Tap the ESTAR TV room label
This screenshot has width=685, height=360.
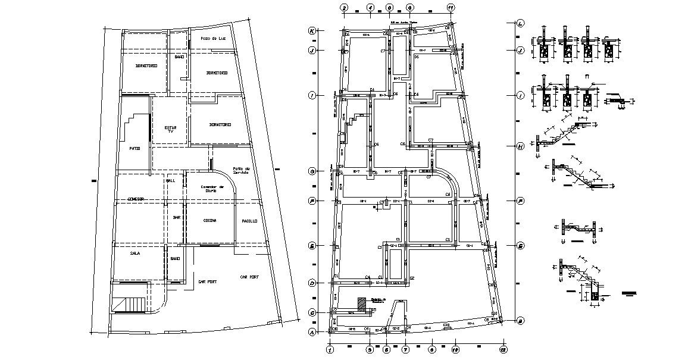click(x=170, y=129)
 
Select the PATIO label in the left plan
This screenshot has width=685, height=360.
click(x=135, y=148)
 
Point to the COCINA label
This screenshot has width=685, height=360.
click(x=209, y=221)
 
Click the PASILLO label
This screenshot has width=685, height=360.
click(x=249, y=221)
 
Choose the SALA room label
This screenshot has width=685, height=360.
click(x=135, y=253)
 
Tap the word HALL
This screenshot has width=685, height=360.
click(x=170, y=180)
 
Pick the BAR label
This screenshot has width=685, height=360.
click(x=176, y=218)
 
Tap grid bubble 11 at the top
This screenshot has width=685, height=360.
click(x=451, y=8)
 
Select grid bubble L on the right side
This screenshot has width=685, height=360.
click(x=520, y=24)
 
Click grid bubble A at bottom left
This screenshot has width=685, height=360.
click(x=311, y=333)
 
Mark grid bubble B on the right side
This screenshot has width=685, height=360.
click(x=520, y=321)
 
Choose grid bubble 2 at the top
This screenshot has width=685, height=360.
click(x=343, y=8)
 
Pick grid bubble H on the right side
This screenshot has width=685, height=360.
click(x=520, y=146)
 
